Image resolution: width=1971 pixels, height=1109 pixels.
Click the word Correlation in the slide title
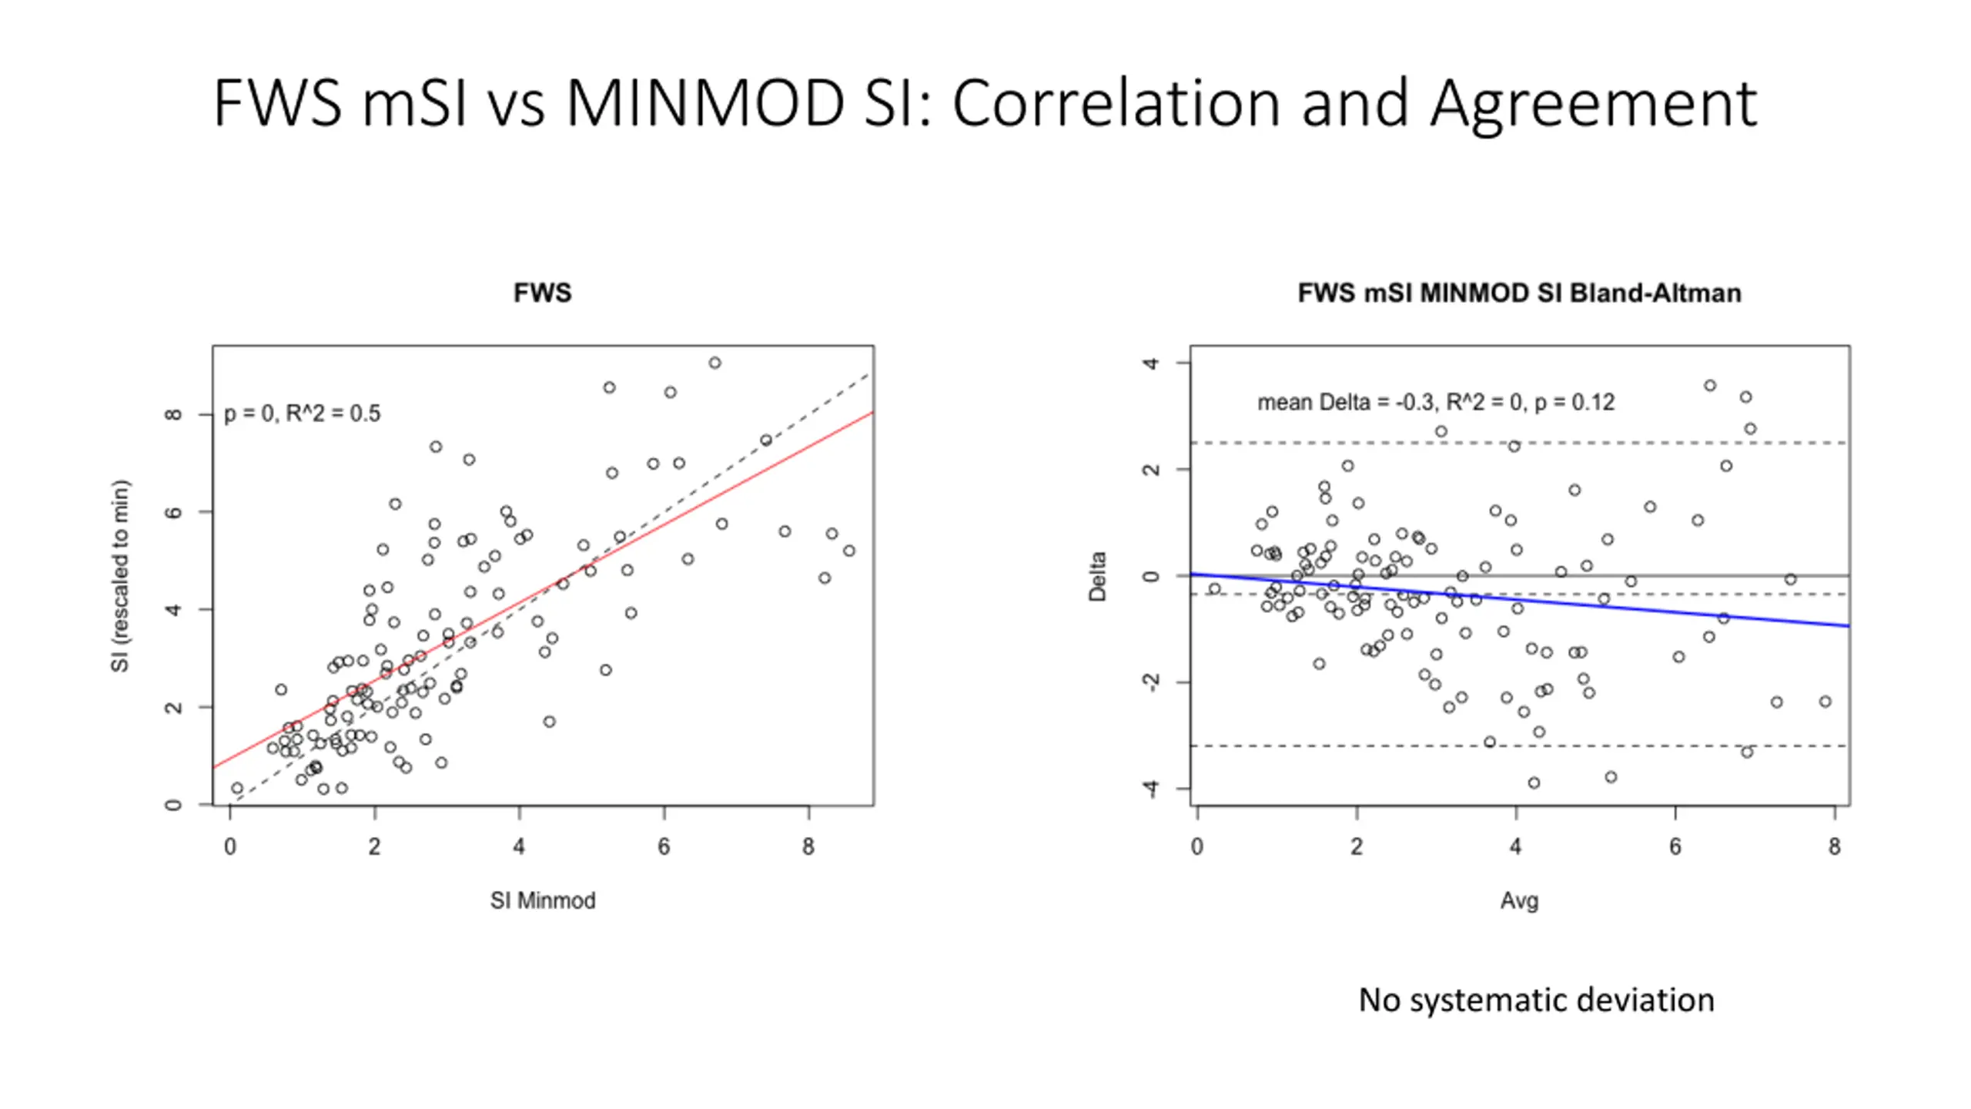coord(1116,103)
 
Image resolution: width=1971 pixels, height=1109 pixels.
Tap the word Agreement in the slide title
coord(1593,103)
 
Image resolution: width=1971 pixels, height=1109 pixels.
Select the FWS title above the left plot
coord(542,293)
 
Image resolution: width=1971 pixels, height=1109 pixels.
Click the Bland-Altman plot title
coord(1519,293)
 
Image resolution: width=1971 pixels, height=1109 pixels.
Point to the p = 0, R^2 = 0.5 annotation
coord(302,414)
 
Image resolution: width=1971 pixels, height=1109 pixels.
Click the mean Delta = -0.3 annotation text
coord(1435,402)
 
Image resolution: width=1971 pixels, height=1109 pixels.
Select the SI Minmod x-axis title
coord(543,900)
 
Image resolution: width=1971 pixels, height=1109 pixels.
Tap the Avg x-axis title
coord(1519,900)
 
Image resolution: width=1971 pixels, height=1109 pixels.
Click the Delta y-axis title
coord(1097,576)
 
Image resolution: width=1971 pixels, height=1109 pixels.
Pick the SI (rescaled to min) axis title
coord(120,576)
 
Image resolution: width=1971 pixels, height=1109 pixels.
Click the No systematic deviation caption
coord(1536,1000)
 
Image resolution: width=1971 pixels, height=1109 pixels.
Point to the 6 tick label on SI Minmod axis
coord(664,847)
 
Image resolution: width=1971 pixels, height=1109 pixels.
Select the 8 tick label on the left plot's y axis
coord(173,414)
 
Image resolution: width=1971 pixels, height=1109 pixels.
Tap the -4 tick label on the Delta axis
coord(1150,789)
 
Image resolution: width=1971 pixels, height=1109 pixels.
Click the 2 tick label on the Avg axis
coord(1357,847)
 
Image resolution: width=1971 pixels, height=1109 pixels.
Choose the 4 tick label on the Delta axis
coord(1150,363)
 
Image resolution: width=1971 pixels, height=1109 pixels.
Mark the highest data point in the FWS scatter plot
coord(714,363)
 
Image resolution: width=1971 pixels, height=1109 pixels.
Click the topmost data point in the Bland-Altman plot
coord(1710,386)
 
